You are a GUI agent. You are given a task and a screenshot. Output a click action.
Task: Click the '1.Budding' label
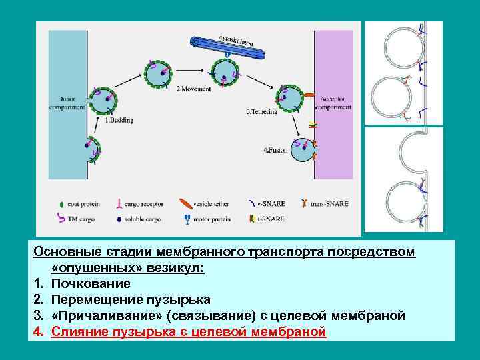point(119,121)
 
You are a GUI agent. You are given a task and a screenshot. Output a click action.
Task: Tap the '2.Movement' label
point(193,89)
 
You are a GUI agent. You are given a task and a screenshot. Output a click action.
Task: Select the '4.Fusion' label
point(275,150)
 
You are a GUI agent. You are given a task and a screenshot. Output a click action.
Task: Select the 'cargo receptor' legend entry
point(139,203)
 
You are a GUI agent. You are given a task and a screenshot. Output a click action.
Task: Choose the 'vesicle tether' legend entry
point(209,203)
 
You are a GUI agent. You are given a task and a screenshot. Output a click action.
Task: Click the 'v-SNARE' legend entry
point(273,203)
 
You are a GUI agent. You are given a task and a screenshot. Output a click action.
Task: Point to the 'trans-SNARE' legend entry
point(329,203)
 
